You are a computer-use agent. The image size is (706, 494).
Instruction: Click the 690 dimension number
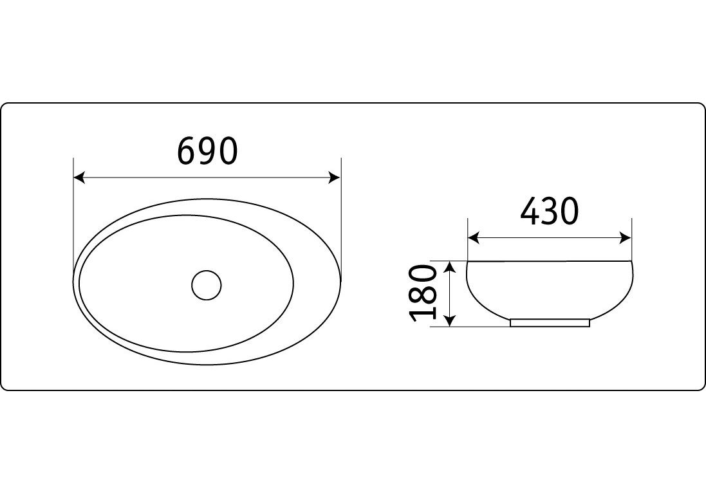pos(207,151)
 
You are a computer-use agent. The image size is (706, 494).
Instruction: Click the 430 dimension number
pos(549,211)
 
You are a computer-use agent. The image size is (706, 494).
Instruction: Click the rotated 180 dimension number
pos(423,293)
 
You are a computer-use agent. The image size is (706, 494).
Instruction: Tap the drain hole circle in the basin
pos(206,285)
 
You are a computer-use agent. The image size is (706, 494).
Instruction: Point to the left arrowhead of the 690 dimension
pos(79,178)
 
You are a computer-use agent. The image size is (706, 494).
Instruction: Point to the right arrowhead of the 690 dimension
pos(335,178)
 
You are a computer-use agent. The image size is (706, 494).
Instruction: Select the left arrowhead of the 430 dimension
pos(474,237)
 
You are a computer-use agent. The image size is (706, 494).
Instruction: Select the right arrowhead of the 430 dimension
pos(626,237)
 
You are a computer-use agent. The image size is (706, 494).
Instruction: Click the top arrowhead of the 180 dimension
pos(449,267)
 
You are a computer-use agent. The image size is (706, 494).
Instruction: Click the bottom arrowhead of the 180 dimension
pos(449,321)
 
